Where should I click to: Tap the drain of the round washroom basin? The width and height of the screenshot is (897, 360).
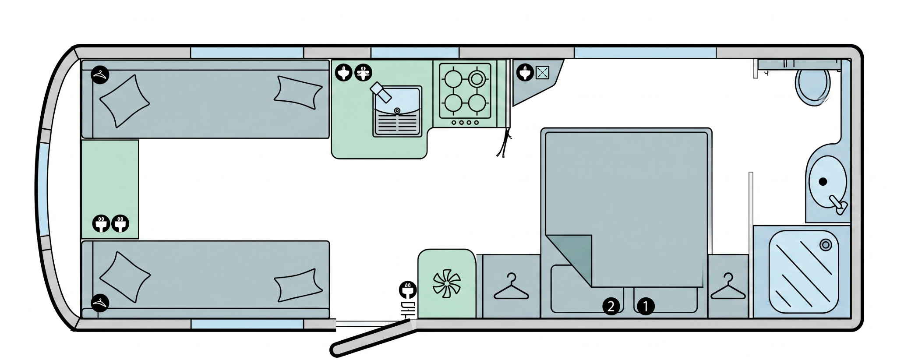click(x=823, y=181)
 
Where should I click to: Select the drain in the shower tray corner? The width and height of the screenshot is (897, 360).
click(x=826, y=245)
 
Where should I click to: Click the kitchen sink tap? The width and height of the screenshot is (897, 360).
click(x=380, y=92)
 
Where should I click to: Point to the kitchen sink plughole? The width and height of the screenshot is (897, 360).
click(x=397, y=110)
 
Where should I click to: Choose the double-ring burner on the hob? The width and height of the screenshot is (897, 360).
click(x=477, y=79)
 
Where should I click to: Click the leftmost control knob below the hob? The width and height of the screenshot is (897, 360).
click(x=454, y=123)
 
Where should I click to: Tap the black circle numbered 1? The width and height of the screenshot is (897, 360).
click(x=645, y=306)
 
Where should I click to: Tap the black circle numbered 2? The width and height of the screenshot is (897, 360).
click(x=611, y=306)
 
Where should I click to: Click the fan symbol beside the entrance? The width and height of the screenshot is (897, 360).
click(x=446, y=283)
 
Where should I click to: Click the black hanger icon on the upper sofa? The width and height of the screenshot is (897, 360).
click(x=100, y=75)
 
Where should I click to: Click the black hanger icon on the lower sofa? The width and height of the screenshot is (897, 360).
click(x=100, y=303)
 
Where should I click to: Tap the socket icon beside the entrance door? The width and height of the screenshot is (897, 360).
click(x=408, y=290)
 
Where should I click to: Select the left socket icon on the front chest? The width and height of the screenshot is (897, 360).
click(x=101, y=224)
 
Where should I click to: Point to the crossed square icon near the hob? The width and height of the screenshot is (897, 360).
click(x=542, y=72)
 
